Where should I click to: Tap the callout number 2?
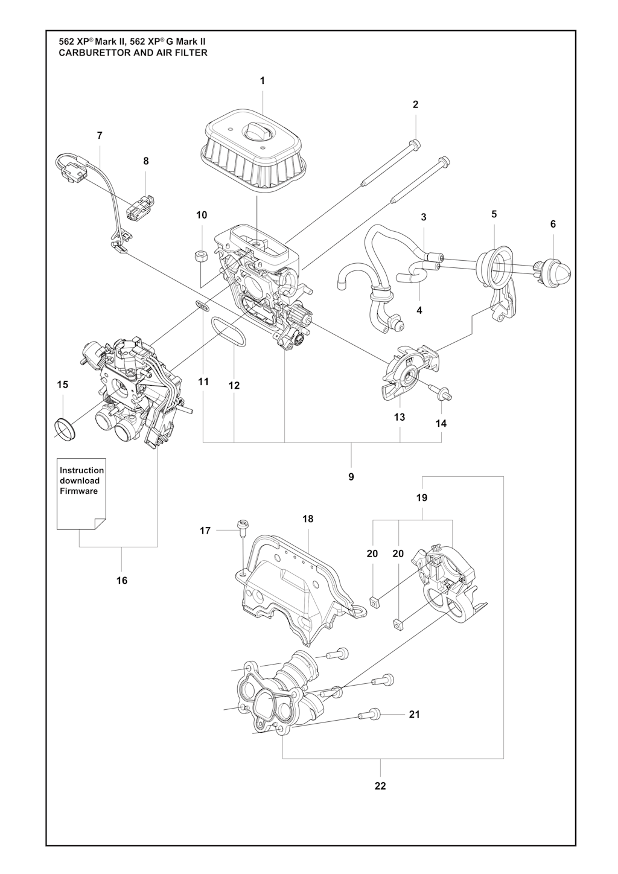(415, 104)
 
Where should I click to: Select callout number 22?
(380, 785)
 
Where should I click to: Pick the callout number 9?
(351, 477)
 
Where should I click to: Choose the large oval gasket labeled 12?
(229, 333)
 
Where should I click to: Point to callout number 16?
(122, 580)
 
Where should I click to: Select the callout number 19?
(421, 498)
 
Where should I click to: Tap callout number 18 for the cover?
(308, 518)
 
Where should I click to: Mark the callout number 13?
(400, 417)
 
